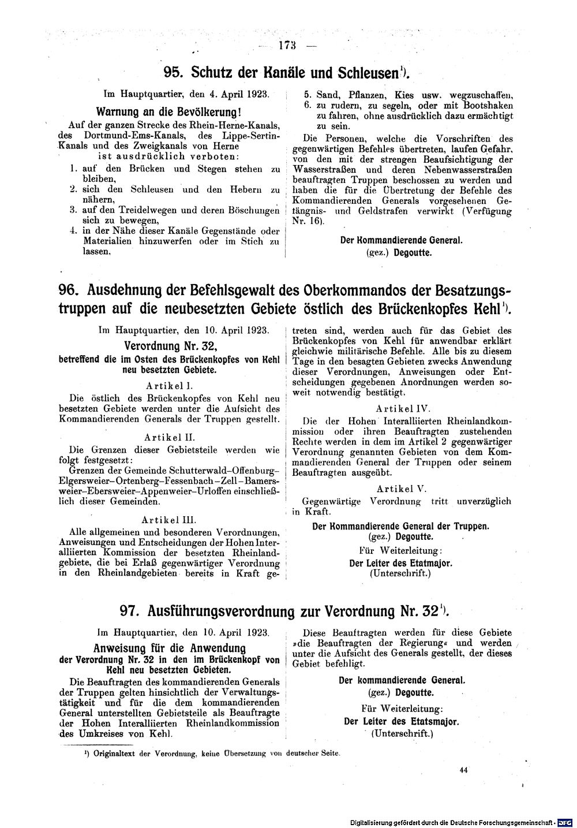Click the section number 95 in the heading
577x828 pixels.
[173, 72]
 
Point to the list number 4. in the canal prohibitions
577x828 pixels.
[73, 231]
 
